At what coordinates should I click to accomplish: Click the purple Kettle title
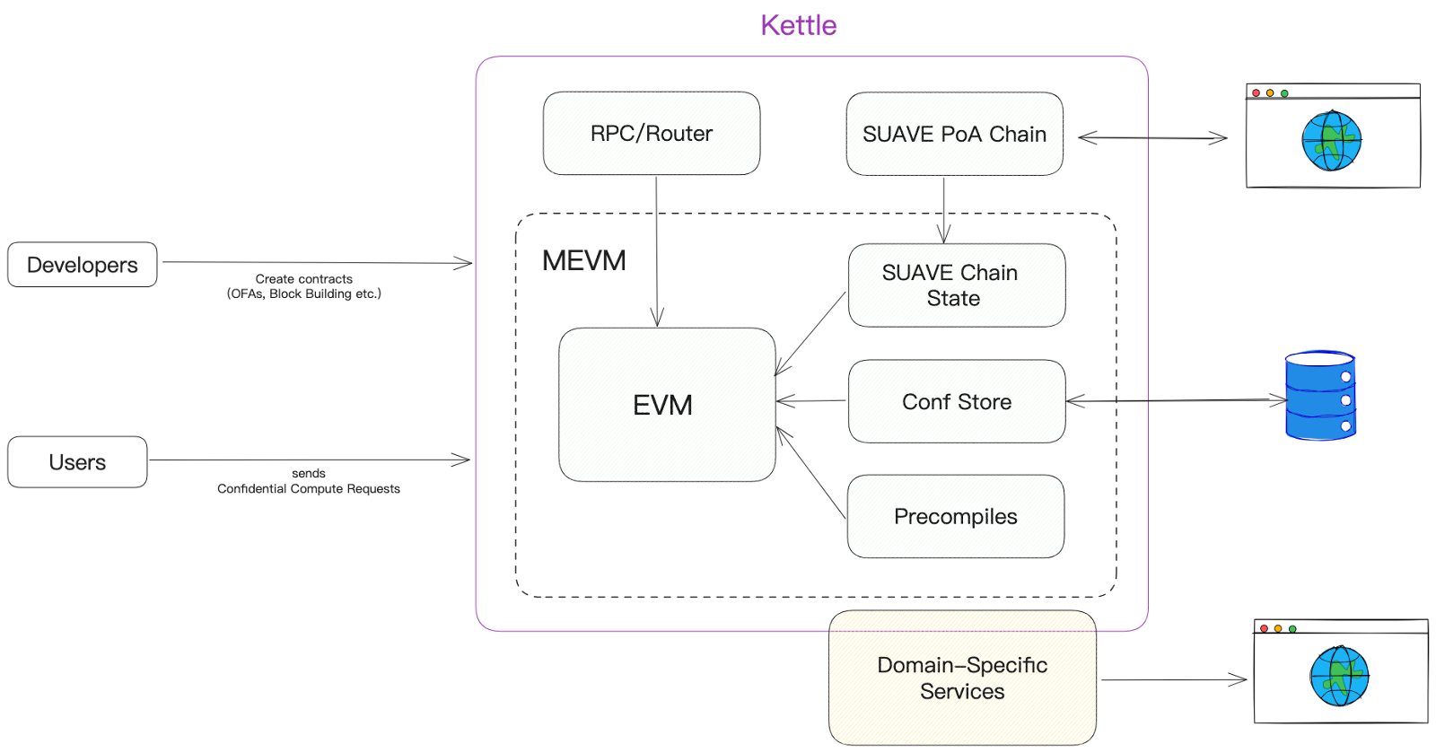coord(798,26)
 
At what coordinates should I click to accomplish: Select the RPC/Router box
coord(652,134)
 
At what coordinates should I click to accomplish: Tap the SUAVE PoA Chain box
coord(955,134)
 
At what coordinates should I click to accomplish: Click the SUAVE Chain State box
coord(957,285)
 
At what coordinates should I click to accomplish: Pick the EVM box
coord(667,405)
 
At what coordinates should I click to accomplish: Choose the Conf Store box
coord(957,401)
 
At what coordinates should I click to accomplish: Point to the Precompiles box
coord(956,517)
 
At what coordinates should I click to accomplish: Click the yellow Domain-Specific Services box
coord(962,678)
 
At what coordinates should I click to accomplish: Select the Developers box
coord(82,265)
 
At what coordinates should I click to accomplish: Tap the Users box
coord(77,462)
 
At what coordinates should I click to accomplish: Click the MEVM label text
coord(584,261)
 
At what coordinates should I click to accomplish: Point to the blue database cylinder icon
coord(1320,396)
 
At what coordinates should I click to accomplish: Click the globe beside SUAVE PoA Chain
coord(1332,141)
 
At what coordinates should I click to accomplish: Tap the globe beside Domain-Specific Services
coord(1339,676)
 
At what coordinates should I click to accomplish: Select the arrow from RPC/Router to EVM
coord(656,251)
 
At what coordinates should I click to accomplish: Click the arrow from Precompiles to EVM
coord(810,472)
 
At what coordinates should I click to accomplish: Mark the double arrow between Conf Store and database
coord(1177,400)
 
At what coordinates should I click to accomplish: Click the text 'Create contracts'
coord(304,279)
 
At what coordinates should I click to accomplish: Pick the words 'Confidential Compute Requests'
coord(309,488)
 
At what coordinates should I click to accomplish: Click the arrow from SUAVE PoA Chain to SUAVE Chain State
coord(943,210)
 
